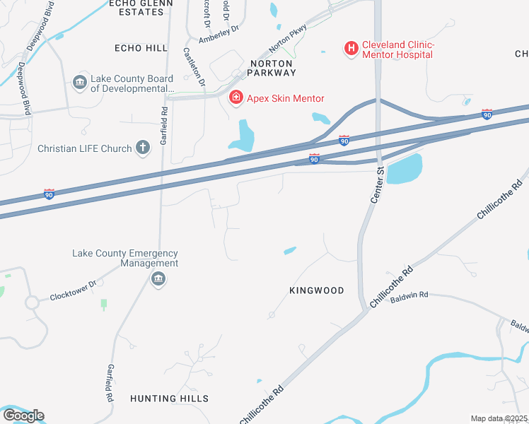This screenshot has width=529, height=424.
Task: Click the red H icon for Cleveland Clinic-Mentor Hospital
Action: [x=350, y=48]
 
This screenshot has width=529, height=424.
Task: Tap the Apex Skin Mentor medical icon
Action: [x=236, y=98]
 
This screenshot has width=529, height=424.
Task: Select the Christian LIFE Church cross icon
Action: [x=143, y=148]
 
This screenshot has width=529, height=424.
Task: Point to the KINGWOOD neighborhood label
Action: [x=317, y=290]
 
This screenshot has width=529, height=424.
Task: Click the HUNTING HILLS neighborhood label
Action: [x=169, y=399]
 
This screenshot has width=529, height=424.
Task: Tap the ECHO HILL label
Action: [x=141, y=48]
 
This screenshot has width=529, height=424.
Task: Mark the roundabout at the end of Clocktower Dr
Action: [x=33, y=303]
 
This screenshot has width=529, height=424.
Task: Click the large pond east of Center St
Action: [x=405, y=169]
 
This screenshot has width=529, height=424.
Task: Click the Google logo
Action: [x=23, y=415]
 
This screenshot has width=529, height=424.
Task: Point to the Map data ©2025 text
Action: [x=498, y=418]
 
